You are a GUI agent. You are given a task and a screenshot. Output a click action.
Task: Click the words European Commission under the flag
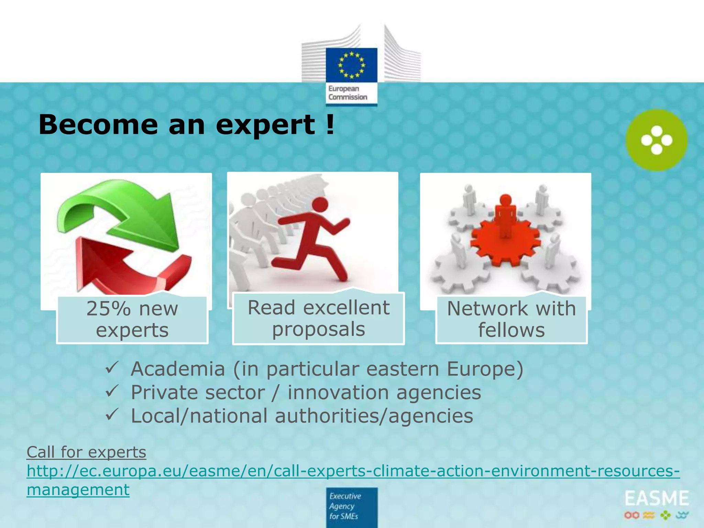[x=348, y=93]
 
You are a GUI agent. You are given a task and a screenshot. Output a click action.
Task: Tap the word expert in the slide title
[x=265, y=124]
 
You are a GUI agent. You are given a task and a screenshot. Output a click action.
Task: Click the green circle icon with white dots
[x=656, y=140]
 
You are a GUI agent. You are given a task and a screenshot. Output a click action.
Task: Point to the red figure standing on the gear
[x=505, y=215]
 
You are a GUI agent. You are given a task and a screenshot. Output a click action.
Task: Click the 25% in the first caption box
[x=108, y=308]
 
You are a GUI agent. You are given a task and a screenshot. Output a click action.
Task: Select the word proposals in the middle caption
[x=318, y=329]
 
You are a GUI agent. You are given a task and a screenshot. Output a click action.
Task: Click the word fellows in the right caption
[x=511, y=330]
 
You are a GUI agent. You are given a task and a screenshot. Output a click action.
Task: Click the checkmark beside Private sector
[x=112, y=391]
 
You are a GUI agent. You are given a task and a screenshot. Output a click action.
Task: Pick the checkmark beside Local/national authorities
[x=112, y=414]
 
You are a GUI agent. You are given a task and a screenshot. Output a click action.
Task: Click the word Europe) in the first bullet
[x=485, y=369]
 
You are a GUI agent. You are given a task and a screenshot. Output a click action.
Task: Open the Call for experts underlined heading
[x=86, y=452]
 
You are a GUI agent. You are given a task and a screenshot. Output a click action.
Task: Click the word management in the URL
[x=78, y=489]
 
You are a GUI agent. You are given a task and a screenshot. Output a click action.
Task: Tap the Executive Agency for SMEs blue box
[x=351, y=507]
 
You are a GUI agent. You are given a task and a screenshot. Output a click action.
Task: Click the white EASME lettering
[x=657, y=499]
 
